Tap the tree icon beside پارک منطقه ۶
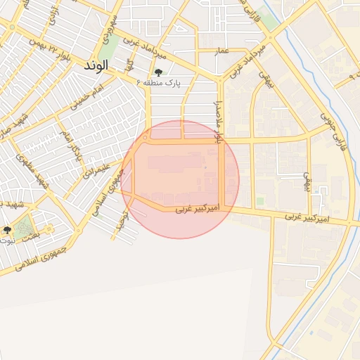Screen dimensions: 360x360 pyautogui.click(x=157, y=72)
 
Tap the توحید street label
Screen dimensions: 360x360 pyautogui.click(x=120, y=224)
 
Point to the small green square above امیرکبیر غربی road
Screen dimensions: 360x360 pyautogui.click(x=260, y=201)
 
